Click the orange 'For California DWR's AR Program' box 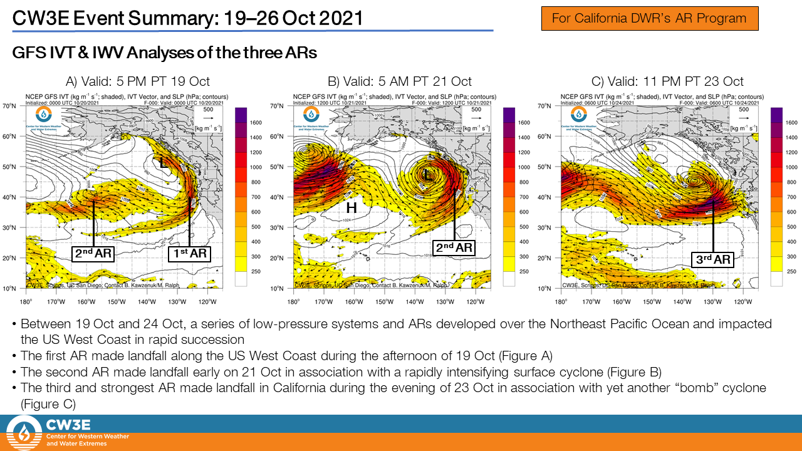point(649,18)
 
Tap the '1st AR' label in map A point(189,254)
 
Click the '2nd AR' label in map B point(454,247)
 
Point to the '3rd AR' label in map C point(714,259)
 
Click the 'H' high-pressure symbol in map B point(352,208)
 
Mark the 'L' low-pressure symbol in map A point(163,162)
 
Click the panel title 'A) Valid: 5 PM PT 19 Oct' point(138,81)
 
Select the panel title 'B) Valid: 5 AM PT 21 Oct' point(400,81)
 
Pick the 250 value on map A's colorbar point(258,271)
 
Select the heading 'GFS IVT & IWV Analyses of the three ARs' point(164,53)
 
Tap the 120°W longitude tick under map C point(743,301)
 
